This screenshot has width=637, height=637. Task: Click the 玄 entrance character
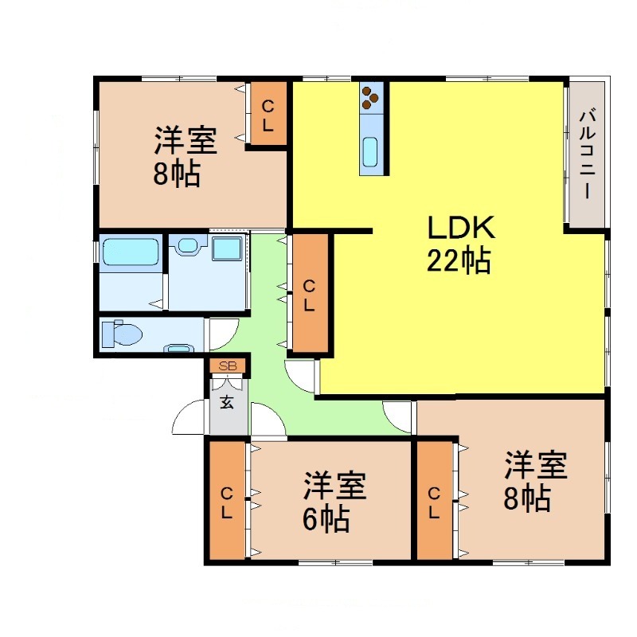227,402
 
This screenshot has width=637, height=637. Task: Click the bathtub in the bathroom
129,253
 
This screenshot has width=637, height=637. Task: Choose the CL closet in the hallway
309,293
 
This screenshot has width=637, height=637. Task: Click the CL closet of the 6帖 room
227,502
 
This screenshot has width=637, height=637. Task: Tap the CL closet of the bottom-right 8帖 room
435,502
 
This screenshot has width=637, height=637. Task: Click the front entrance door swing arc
189,418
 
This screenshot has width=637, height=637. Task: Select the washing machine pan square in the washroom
226,249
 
